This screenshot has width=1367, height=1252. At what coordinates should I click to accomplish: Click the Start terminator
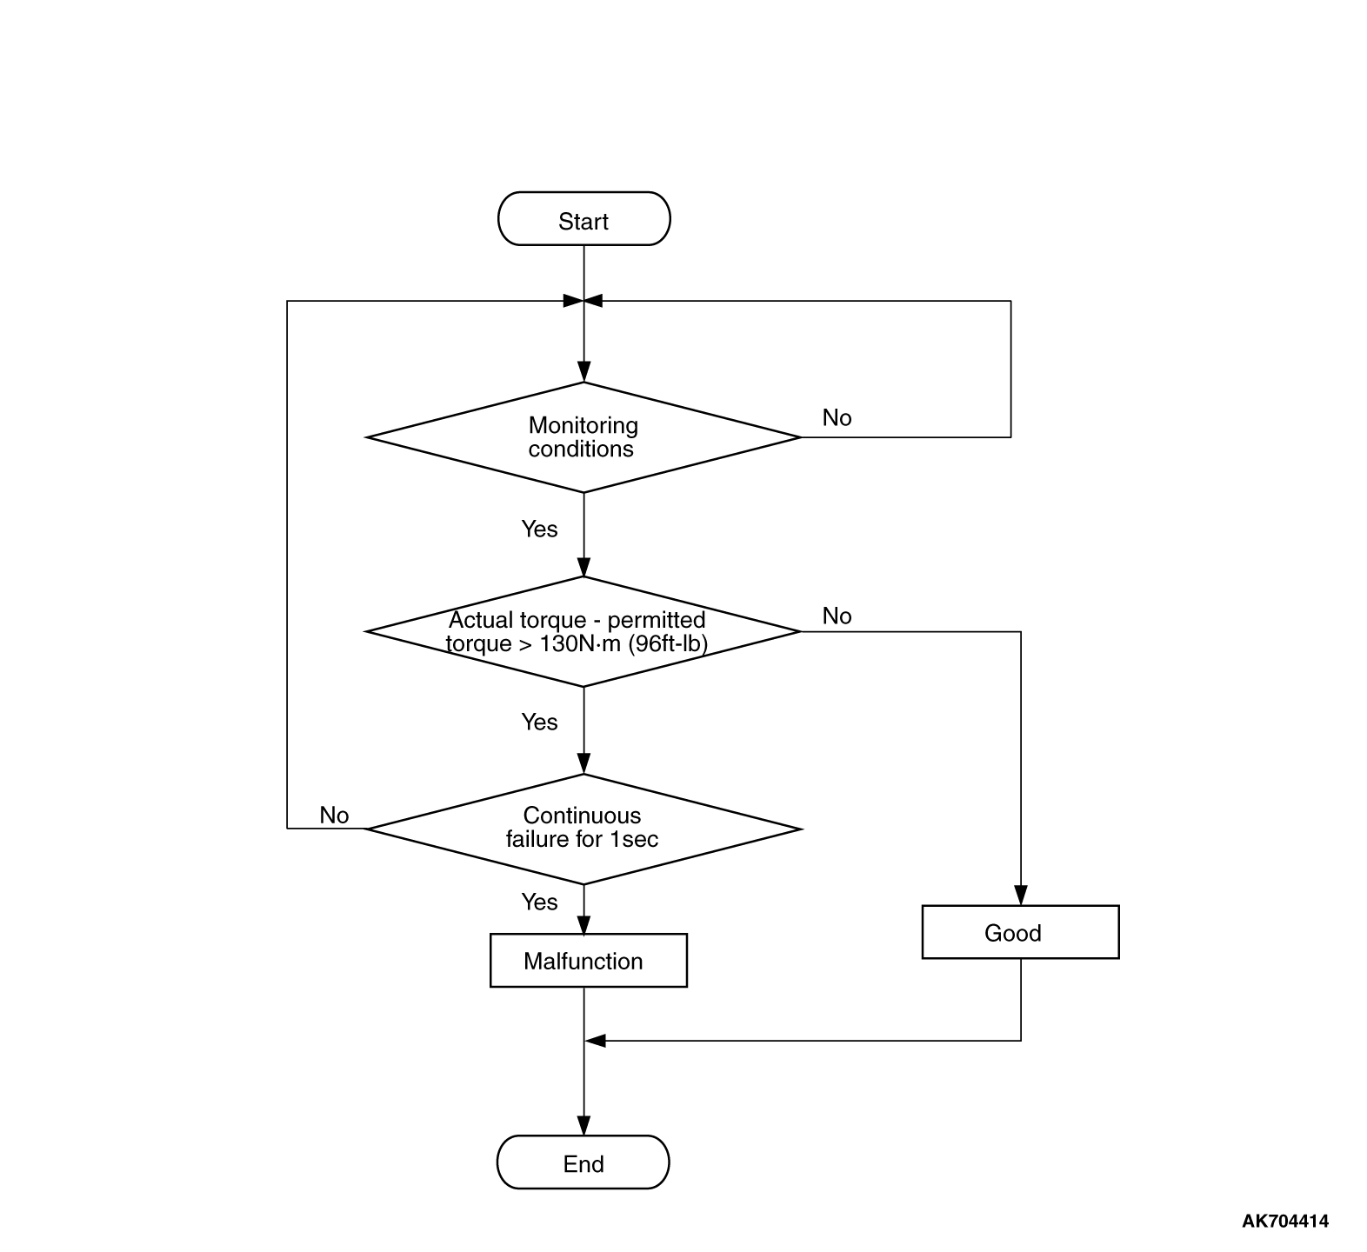[x=583, y=219]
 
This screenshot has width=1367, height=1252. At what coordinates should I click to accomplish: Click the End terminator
[x=583, y=1162]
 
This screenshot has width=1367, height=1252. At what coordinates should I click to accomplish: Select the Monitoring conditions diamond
[x=583, y=437]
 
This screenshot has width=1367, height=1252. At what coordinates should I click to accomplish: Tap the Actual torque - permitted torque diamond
[x=583, y=632]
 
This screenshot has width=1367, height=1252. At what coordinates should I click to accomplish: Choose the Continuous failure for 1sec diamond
[x=583, y=829]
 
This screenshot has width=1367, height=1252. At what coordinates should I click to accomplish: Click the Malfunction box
[x=589, y=961]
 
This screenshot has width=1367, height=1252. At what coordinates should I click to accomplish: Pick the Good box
[x=1020, y=932]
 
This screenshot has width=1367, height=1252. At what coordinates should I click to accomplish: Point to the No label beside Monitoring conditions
[x=837, y=418]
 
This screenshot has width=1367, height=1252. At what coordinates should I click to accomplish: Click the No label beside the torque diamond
[x=837, y=616]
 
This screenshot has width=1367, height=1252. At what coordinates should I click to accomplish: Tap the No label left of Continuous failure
[x=334, y=816]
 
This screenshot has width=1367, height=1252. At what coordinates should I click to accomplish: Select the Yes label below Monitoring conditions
[x=539, y=529]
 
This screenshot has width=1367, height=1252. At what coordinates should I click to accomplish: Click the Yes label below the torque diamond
[x=539, y=723]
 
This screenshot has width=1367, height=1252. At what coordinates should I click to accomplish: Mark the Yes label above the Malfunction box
[x=539, y=902]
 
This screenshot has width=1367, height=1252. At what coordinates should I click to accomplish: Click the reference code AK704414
[x=1284, y=1222]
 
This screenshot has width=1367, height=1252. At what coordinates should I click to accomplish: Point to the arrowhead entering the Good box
[x=1021, y=896]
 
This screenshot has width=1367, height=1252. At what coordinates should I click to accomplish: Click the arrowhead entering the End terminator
[x=583, y=1126]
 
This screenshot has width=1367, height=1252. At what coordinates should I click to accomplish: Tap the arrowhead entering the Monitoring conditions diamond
[x=583, y=373]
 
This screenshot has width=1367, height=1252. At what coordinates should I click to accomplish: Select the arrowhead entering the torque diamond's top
[x=583, y=568]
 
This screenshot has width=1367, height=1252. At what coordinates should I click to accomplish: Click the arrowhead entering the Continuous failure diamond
[x=583, y=765]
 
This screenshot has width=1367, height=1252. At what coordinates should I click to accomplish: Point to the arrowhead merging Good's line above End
[x=595, y=1041]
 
